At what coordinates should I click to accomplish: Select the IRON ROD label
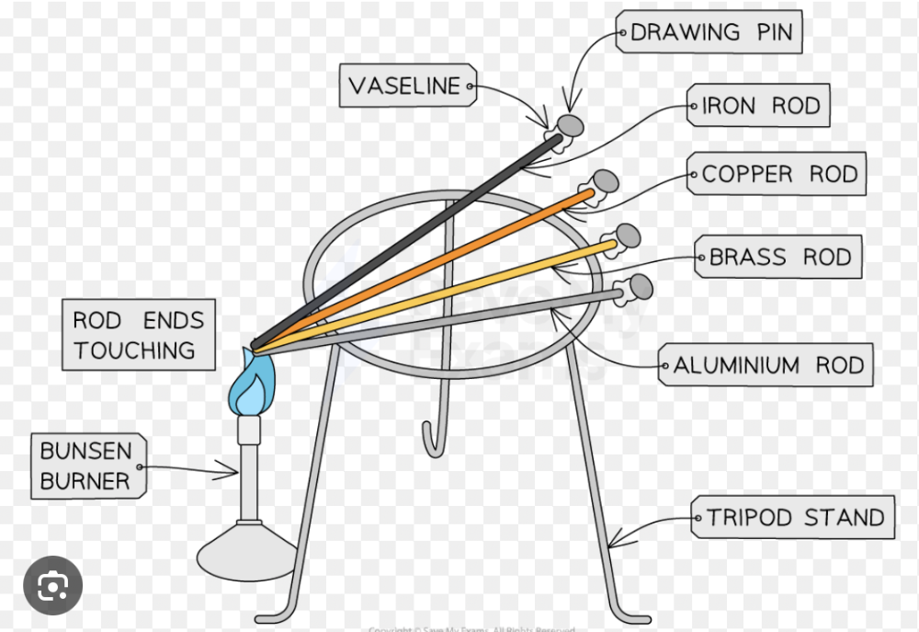click(759, 106)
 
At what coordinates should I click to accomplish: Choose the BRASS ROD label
click(780, 257)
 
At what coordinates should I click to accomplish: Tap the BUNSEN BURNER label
click(86, 465)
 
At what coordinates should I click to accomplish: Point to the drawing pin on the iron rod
click(570, 124)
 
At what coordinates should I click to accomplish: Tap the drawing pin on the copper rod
click(604, 180)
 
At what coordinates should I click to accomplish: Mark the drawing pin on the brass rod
click(628, 236)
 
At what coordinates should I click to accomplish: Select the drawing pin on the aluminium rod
click(641, 288)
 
